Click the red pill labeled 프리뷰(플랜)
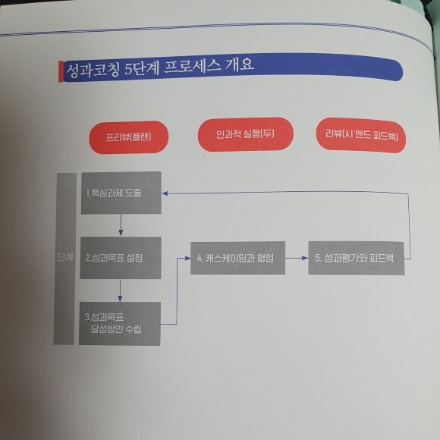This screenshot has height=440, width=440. pos(129,137)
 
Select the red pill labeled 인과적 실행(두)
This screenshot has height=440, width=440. pos(246,134)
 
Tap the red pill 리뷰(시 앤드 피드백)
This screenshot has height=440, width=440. pos(361,135)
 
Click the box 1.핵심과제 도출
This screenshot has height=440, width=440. pos(121,193)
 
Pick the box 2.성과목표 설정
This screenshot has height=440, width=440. pos(121,258)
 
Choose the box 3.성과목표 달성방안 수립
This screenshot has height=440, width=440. pos(120,323)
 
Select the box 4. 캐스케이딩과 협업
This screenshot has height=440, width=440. pos(237,258)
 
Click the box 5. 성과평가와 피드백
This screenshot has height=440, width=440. pos(357,258)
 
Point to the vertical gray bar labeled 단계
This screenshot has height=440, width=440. pos(64,259)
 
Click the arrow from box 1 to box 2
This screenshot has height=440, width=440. pos(121,225)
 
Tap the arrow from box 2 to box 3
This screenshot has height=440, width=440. pos(120,291)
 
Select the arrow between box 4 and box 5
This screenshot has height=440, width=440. pos(297,258)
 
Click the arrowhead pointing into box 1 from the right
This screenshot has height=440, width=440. pos(165,193)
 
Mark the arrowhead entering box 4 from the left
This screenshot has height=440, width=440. pos(187,259)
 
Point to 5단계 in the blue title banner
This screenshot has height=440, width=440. pos(141,68)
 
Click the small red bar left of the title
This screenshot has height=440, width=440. pos(61,71)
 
